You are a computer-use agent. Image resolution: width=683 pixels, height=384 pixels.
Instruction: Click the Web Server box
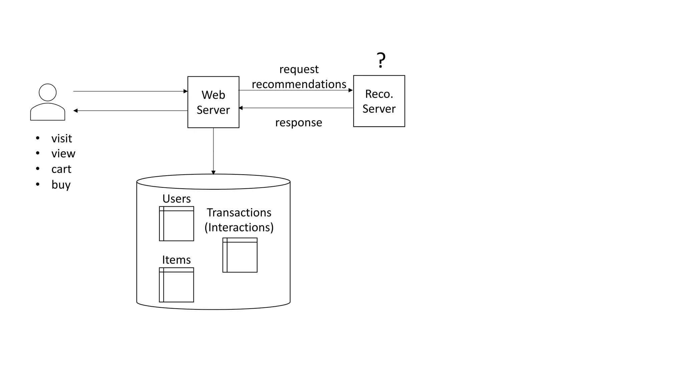[213, 102]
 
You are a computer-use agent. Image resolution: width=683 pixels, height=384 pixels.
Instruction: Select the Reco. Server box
[379, 101]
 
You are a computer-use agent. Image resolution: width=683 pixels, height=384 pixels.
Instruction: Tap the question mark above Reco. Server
[381, 60]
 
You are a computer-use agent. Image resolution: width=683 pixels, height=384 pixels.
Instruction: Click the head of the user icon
[48, 92]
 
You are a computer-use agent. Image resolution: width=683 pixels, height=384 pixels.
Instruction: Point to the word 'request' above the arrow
[299, 69]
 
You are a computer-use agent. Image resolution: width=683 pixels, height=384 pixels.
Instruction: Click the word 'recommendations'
[299, 84]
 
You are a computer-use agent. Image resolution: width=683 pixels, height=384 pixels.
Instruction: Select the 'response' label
[298, 122]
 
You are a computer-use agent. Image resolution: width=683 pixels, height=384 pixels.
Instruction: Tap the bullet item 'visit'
[61, 138]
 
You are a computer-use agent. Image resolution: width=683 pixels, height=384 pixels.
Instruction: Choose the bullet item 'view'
[63, 153]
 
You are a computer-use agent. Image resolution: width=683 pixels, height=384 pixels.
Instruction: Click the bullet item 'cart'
[61, 169]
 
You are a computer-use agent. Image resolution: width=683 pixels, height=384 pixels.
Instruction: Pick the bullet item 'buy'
[61, 184]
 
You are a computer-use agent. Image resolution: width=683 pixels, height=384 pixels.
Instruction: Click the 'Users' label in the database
[176, 199]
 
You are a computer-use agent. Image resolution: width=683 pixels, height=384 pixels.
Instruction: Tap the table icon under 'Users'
[176, 224]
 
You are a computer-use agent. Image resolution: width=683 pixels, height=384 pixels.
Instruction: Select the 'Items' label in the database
[176, 260]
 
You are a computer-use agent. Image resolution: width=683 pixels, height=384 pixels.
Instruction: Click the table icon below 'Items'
[176, 285]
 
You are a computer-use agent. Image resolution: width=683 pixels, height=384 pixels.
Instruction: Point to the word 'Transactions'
[239, 212]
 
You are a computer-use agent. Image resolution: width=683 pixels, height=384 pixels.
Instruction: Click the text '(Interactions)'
[239, 227]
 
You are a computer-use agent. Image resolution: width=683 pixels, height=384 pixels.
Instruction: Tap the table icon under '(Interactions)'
[240, 255]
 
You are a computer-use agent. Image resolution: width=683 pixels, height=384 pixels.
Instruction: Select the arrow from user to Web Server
[130, 91]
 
